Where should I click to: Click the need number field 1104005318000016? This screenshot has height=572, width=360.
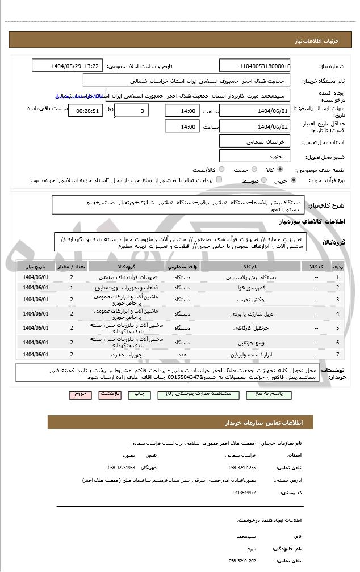click(254, 66)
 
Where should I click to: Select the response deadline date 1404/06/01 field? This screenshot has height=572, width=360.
click(254, 110)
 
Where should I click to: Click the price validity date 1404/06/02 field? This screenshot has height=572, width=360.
click(254, 127)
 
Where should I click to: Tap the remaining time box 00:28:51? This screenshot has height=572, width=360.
click(85, 111)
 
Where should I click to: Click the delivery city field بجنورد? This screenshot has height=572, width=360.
click(254, 155)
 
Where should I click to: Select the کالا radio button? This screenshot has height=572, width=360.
click(280, 169)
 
